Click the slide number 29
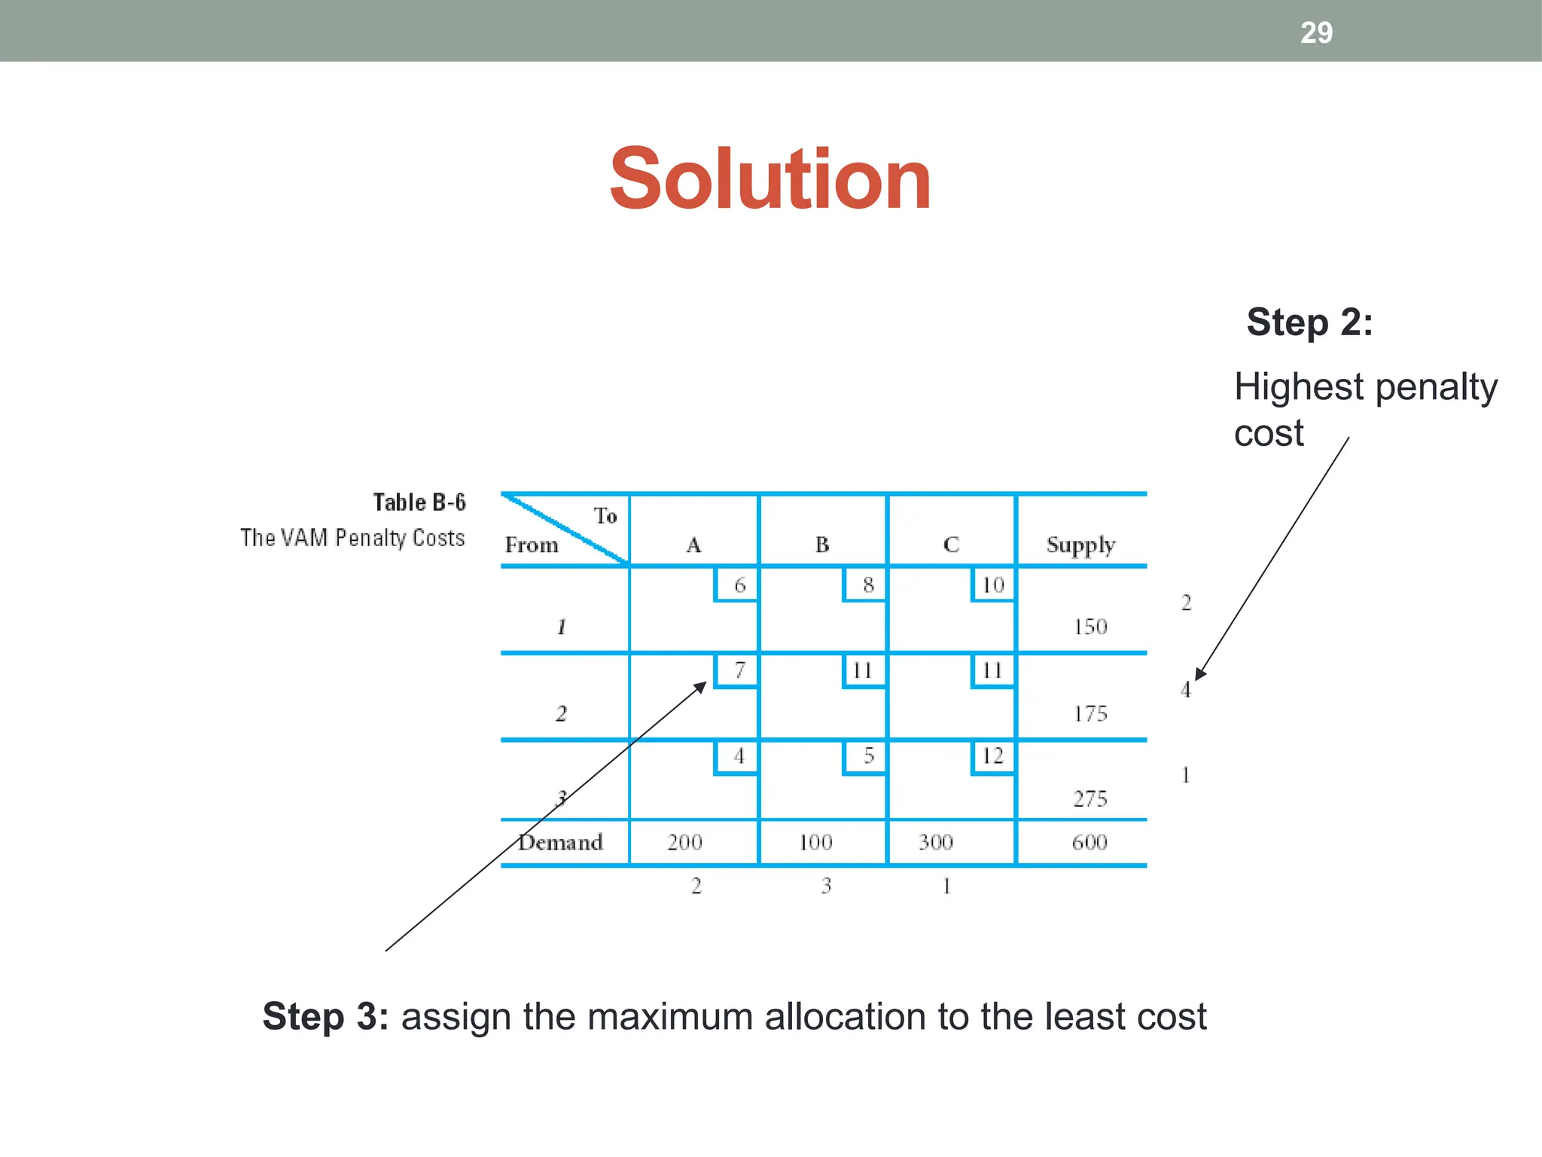point(1316,32)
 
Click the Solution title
point(770,179)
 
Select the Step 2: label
point(1309,322)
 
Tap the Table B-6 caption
point(419,502)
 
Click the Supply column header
point(1080,545)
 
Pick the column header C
point(951,545)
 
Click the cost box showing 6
point(739,585)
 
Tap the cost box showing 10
point(993,585)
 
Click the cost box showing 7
point(739,670)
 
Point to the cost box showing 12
point(993,756)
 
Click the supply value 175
point(1089,713)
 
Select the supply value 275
point(1089,798)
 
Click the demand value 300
point(935,842)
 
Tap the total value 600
point(1089,842)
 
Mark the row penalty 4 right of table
point(1186,689)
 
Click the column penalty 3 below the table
point(826,886)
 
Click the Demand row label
point(561,842)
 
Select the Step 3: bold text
point(325,1016)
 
